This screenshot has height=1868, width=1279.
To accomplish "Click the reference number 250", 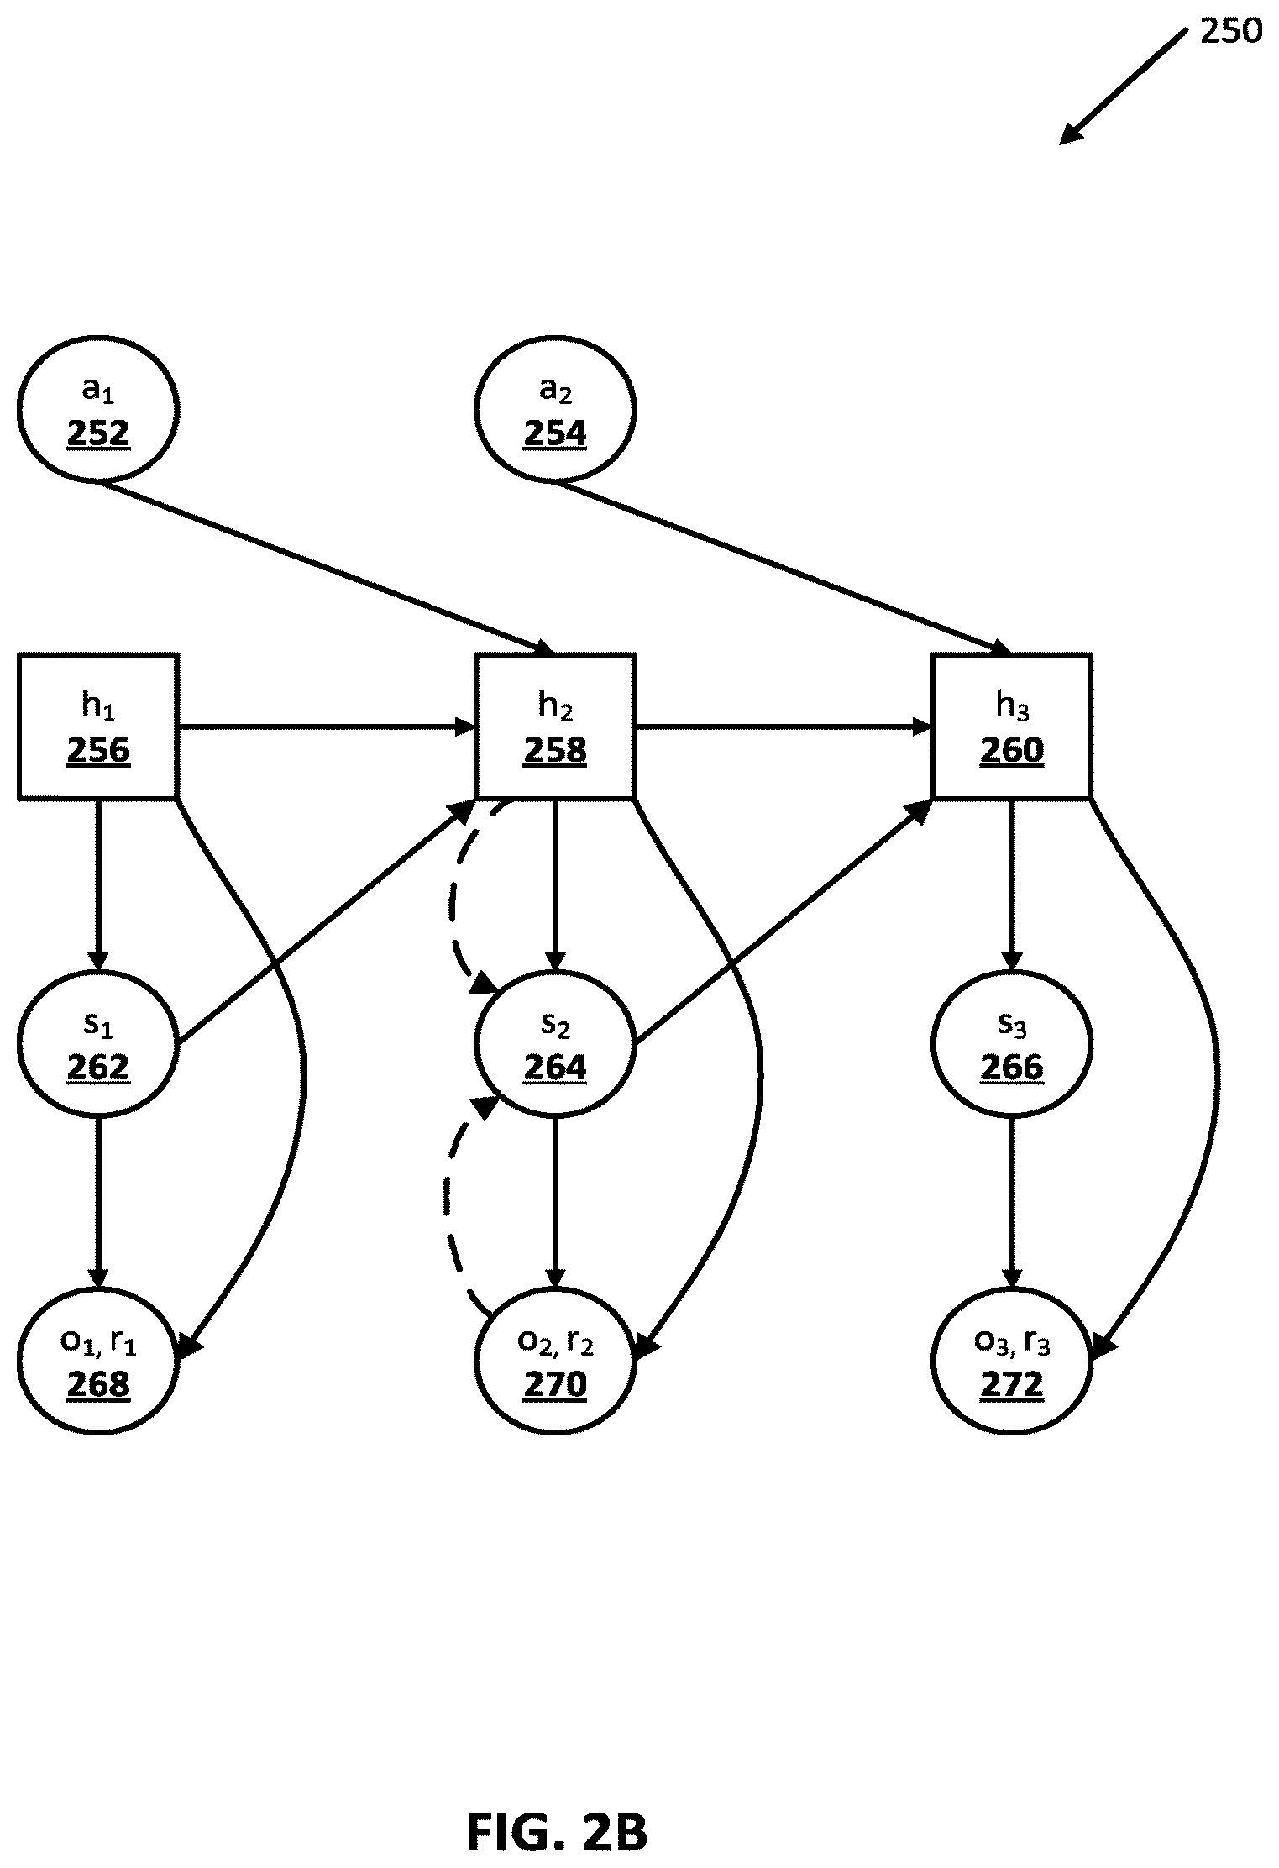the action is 1230,31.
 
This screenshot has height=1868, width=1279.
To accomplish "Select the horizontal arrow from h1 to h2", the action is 328,727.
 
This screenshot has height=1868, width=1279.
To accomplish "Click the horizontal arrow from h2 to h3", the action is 784,727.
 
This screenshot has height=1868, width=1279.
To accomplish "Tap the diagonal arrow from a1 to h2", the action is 323,567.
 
